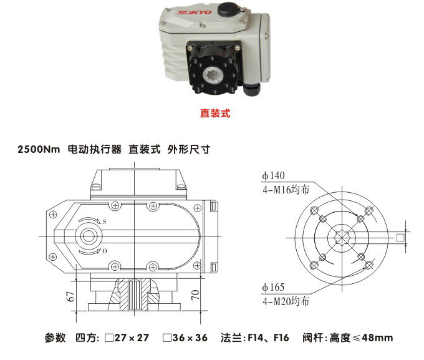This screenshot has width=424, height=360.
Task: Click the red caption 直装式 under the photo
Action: (x=215, y=114)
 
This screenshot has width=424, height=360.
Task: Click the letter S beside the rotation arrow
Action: (x=104, y=221)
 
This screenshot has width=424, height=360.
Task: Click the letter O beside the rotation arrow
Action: (x=104, y=250)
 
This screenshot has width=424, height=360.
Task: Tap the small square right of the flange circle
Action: (x=400, y=236)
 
